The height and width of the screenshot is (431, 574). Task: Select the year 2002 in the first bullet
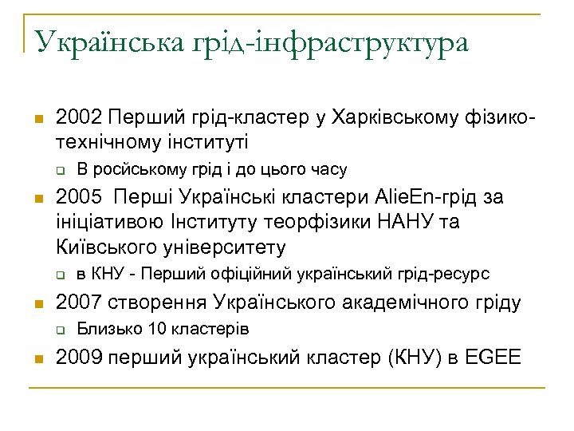click(x=76, y=118)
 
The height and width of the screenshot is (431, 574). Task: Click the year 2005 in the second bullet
click(x=76, y=197)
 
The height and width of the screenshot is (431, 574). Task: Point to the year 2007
click(x=76, y=302)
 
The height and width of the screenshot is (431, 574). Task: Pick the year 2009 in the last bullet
click(x=76, y=357)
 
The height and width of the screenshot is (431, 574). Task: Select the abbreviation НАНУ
click(x=392, y=221)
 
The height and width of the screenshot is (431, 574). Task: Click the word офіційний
click(x=249, y=274)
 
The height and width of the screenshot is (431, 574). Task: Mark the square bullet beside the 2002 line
click(x=36, y=120)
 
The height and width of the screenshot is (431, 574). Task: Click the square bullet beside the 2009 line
click(x=36, y=358)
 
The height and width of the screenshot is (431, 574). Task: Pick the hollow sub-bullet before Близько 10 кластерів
click(x=59, y=330)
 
